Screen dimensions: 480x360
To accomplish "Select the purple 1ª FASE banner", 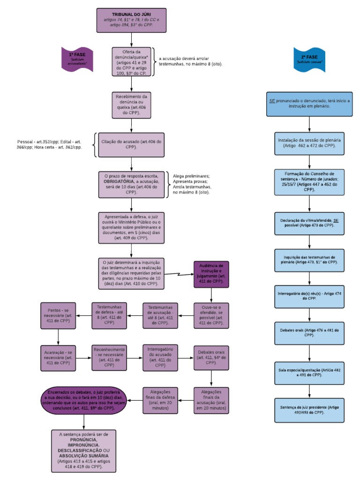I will click(77, 58).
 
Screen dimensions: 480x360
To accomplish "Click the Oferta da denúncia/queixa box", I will click(132, 61).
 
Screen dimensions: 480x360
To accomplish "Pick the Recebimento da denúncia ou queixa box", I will click(132, 104).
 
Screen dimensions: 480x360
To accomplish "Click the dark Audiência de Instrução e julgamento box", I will click(210, 274).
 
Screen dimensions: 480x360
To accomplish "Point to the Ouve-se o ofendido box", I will click(210, 315).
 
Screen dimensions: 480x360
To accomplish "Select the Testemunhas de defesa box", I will click(109, 315).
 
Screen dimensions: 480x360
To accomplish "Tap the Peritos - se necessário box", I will click(59, 315).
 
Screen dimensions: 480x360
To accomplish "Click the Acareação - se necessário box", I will click(59, 358).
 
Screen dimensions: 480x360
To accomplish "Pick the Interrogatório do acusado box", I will click(160, 358).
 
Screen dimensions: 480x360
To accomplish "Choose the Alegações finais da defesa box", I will click(160, 400).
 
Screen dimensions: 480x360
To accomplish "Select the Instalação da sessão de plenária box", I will click(309, 142).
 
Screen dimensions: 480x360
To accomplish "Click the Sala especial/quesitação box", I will click(309, 372).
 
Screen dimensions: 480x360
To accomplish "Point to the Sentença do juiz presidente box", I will click(309, 410).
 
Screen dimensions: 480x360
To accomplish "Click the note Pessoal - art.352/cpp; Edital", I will click(49, 144).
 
